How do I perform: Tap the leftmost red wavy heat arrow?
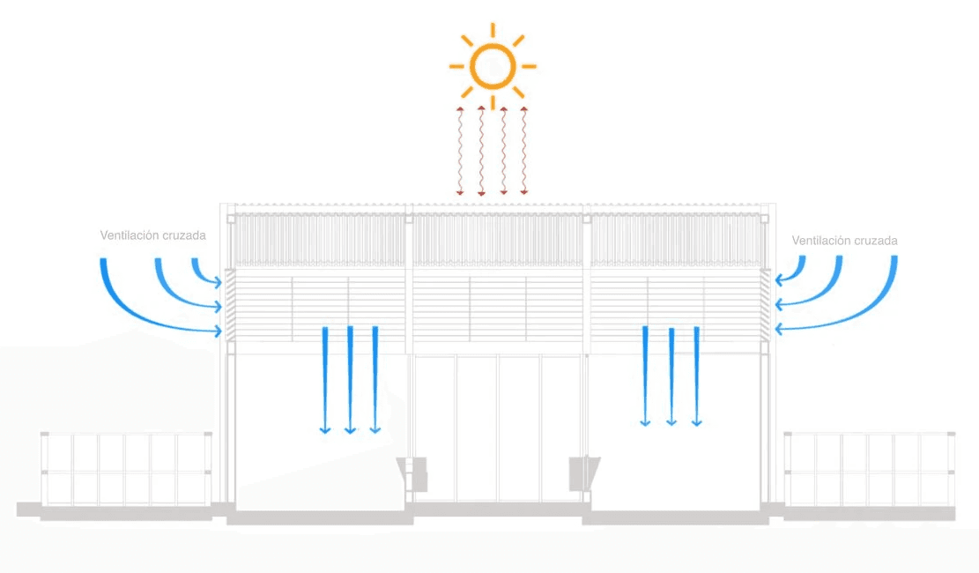pyautogui.click(x=459, y=150)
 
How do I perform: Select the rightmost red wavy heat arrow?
pyautogui.click(x=524, y=150)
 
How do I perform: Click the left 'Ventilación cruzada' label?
pyautogui.click(x=153, y=235)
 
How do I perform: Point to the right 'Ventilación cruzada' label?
pyautogui.click(x=844, y=240)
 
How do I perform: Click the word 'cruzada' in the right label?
pyautogui.click(x=877, y=240)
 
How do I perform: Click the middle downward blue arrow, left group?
pyautogui.click(x=350, y=379)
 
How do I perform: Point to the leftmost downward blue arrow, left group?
pyautogui.click(x=324, y=379)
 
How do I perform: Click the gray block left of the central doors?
pyautogui.click(x=414, y=474)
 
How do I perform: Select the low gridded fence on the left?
pyautogui.click(x=126, y=470)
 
